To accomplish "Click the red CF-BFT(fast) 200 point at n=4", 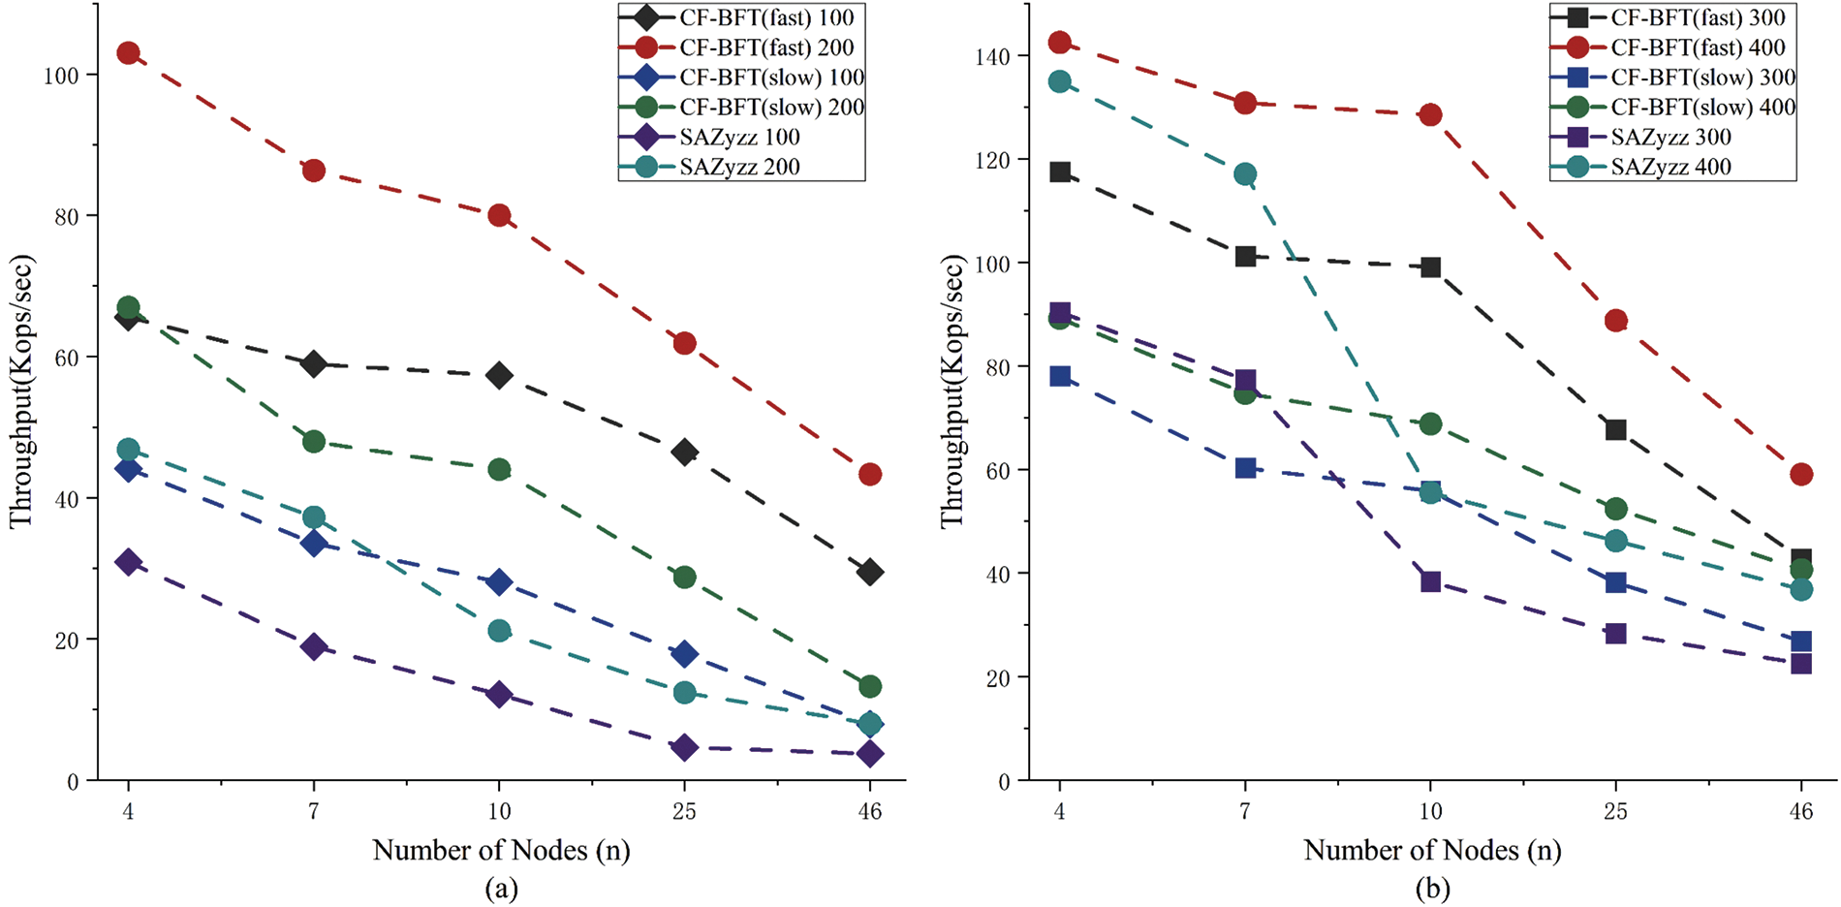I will [x=128, y=53].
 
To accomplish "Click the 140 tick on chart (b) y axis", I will [x=993, y=57].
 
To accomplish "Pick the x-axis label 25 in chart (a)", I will [x=684, y=810].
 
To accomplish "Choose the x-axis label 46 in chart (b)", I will [x=1800, y=810].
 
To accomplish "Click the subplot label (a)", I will [x=500, y=888].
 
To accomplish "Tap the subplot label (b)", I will [x=1431, y=888].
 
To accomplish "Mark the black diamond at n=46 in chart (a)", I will [x=870, y=572].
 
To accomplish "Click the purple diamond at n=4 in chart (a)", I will [x=128, y=562].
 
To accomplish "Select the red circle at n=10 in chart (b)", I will [x=1430, y=115].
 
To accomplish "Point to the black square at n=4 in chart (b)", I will [x=1060, y=172].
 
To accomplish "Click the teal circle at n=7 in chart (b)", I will [x=1245, y=174].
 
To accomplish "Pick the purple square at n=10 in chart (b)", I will [x=1430, y=581].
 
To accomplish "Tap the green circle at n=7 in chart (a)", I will [x=314, y=442].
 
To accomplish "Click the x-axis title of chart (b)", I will [x=1431, y=851].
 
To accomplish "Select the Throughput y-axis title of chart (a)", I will [x=21, y=391].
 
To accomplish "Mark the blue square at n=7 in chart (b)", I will [x=1245, y=468].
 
